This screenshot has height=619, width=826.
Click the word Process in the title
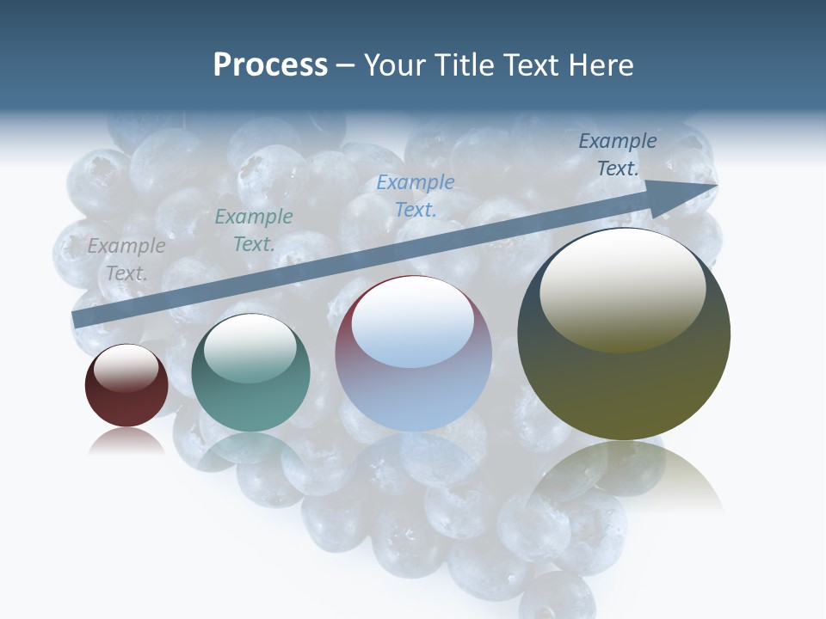270,65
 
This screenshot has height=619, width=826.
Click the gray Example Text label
126,260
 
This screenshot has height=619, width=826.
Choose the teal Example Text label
253,230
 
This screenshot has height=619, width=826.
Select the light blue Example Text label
416,195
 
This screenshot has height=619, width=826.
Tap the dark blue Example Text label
617,155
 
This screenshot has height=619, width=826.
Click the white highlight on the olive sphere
623,290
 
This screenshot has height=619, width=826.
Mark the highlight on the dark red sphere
126,366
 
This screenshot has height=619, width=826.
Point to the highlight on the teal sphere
250,348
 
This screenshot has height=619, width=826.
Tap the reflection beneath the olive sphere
625,477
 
